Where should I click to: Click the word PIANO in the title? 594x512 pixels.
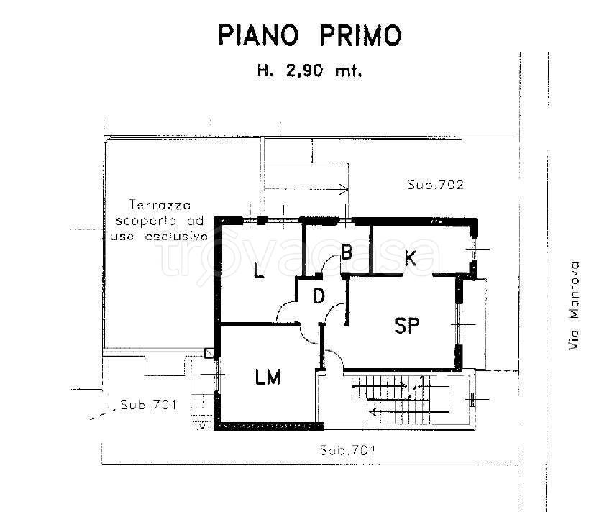click(257, 35)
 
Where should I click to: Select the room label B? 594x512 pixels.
click(346, 252)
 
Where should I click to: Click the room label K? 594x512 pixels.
click(411, 258)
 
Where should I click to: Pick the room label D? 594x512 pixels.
click(319, 296)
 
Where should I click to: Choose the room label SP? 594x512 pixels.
click(406, 326)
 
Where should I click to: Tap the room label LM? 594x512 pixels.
click(268, 376)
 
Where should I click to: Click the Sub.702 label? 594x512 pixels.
click(435, 185)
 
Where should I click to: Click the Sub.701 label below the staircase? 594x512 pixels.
click(347, 451)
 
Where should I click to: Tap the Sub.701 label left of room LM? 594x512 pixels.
click(148, 403)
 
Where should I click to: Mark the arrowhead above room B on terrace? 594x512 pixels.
click(345, 190)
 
